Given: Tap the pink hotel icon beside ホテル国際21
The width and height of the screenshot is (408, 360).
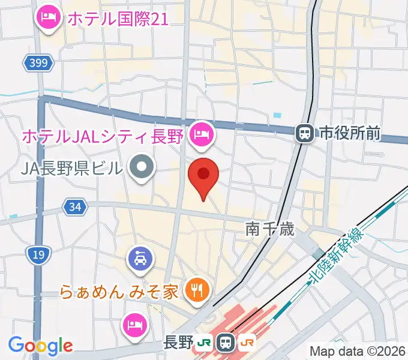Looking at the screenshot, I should [x=47, y=17].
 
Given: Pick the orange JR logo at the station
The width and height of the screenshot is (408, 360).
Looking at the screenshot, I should [x=247, y=343].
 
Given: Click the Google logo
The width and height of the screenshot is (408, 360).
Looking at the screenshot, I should [x=40, y=346].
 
